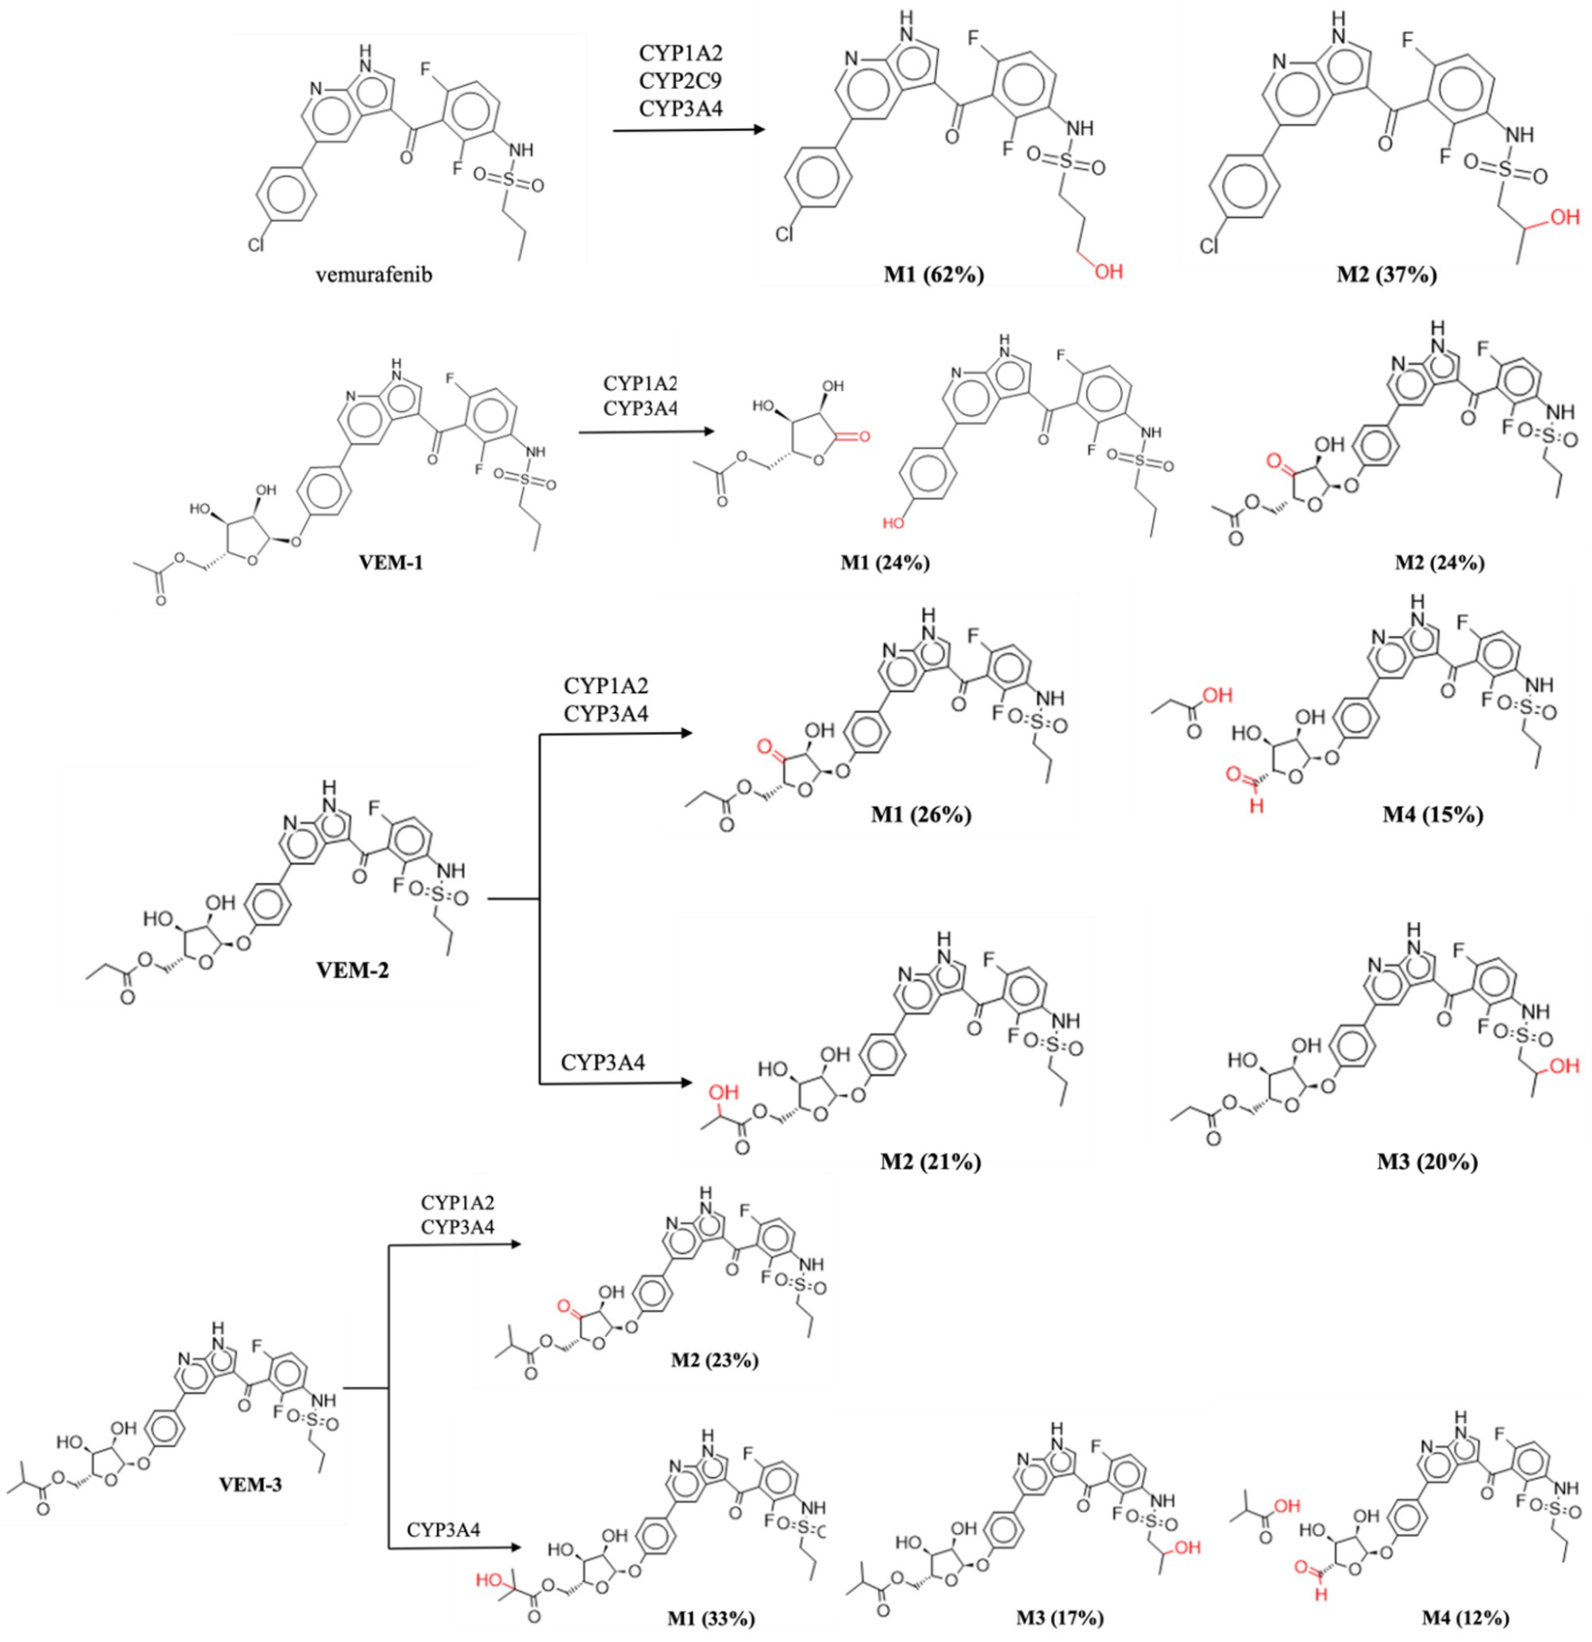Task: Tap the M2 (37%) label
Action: tap(1387, 275)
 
